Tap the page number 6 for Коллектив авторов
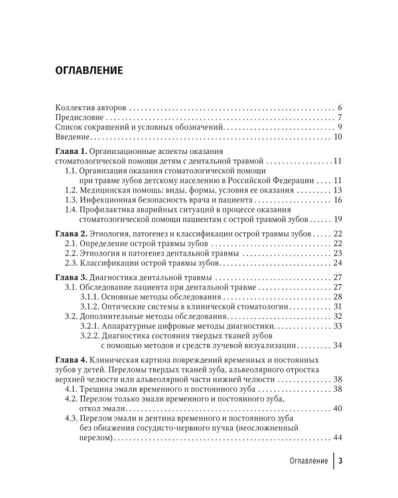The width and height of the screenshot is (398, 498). tap(339, 107)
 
